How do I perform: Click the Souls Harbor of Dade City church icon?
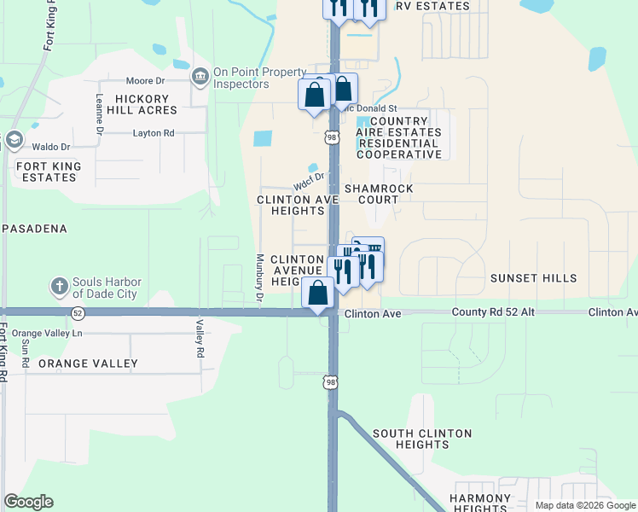[x=59, y=286]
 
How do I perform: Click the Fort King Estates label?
[x=49, y=172]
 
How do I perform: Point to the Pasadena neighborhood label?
[x=35, y=230]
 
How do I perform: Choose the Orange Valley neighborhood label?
[x=88, y=364]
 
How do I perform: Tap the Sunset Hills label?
[x=534, y=278]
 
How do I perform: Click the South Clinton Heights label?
[x=422, y=439]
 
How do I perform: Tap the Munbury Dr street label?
[x=258, y=279]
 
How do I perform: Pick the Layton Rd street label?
[x=154, y=133]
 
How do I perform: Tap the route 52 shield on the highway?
[x=78, y=313]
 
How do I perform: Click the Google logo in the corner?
[x=28, y=502]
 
